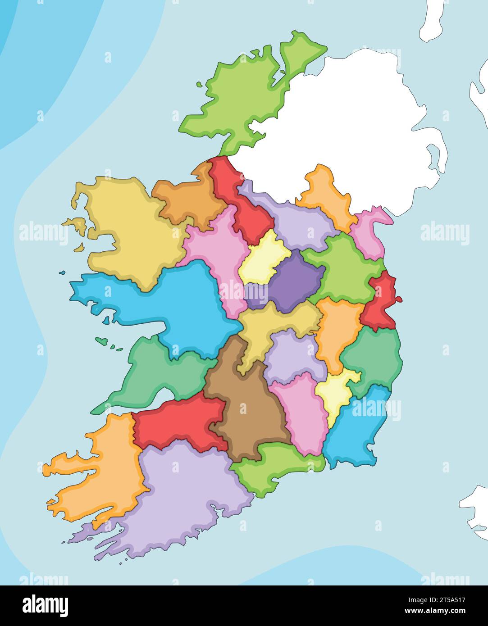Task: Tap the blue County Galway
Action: tap(180, 306)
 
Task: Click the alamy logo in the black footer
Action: tap(46, 605)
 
